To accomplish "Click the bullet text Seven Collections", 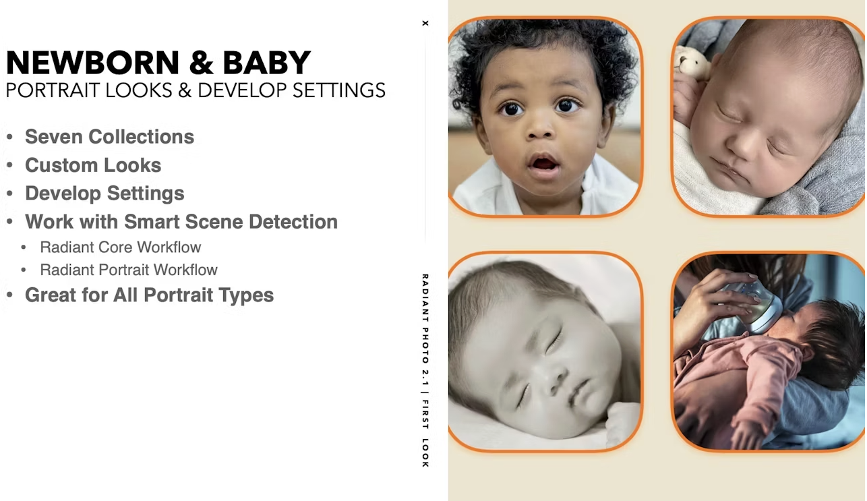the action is pyautogui.click(x=109, y=137).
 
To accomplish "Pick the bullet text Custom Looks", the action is pyautogui.click(x=93, y=165).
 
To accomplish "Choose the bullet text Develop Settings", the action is pyautogui.click(x=104, y=194).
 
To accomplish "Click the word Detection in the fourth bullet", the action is pyautogui.click(x=293, y=221).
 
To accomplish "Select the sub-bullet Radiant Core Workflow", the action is pyautogui.click(x=121, y=247).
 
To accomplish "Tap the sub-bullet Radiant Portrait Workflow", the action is pyautogui.click(x=129, y=270).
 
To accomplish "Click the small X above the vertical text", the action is pyautogui.click(x=425, y=23).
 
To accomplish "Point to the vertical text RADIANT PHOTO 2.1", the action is pyautogui.click(x=425, y=330).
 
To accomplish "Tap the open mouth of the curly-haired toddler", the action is pyautogui.click(x=544, y=164).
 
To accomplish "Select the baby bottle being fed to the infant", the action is pyautogui.click(x=752, y=305).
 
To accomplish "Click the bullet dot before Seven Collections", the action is pyautogui.click(x=9, y=137).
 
